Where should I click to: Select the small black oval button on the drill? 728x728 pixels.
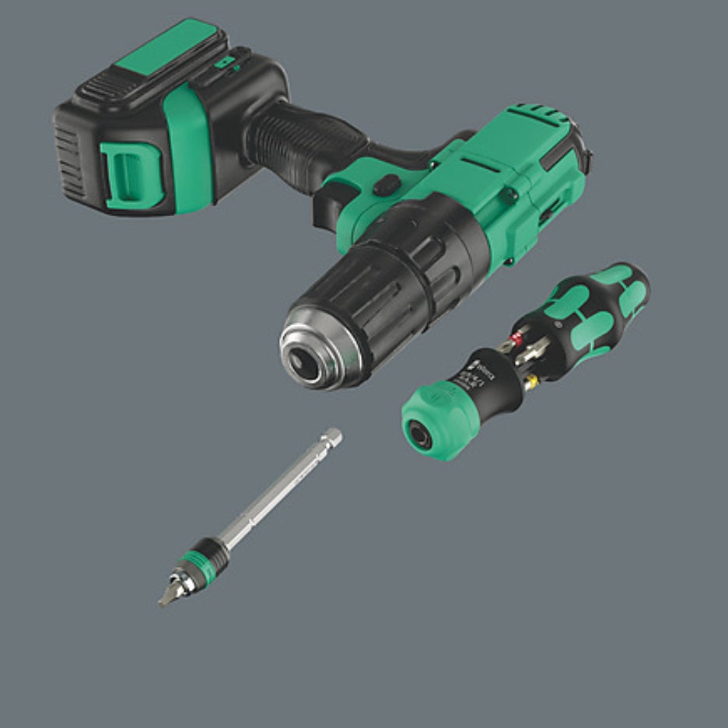386,185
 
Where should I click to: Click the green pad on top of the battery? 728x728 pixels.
167,49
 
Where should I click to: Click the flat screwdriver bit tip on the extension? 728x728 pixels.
167,596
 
